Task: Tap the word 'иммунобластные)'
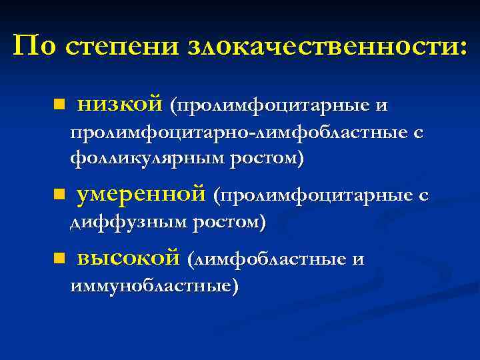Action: (x=154, y=285)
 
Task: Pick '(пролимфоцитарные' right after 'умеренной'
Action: (x=311, y=195)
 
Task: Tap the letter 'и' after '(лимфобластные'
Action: (x=358, y=259)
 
